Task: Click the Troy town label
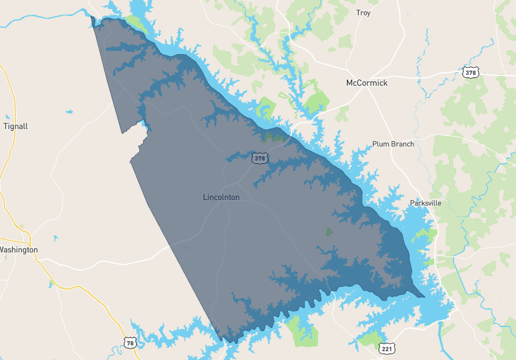coord(363,12)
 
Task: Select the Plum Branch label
coord(393,144)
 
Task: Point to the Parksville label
coord(426,203)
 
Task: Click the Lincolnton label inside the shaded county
coord(221,197)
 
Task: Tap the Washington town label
coord(19,250)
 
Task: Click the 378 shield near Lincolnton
coord(259,157)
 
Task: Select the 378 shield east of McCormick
coord(471,73)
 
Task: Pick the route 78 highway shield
coord(130,343)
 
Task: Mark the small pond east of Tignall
coord(69,112)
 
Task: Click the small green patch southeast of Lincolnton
coord(329,230)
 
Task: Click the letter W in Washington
coord(2,250)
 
